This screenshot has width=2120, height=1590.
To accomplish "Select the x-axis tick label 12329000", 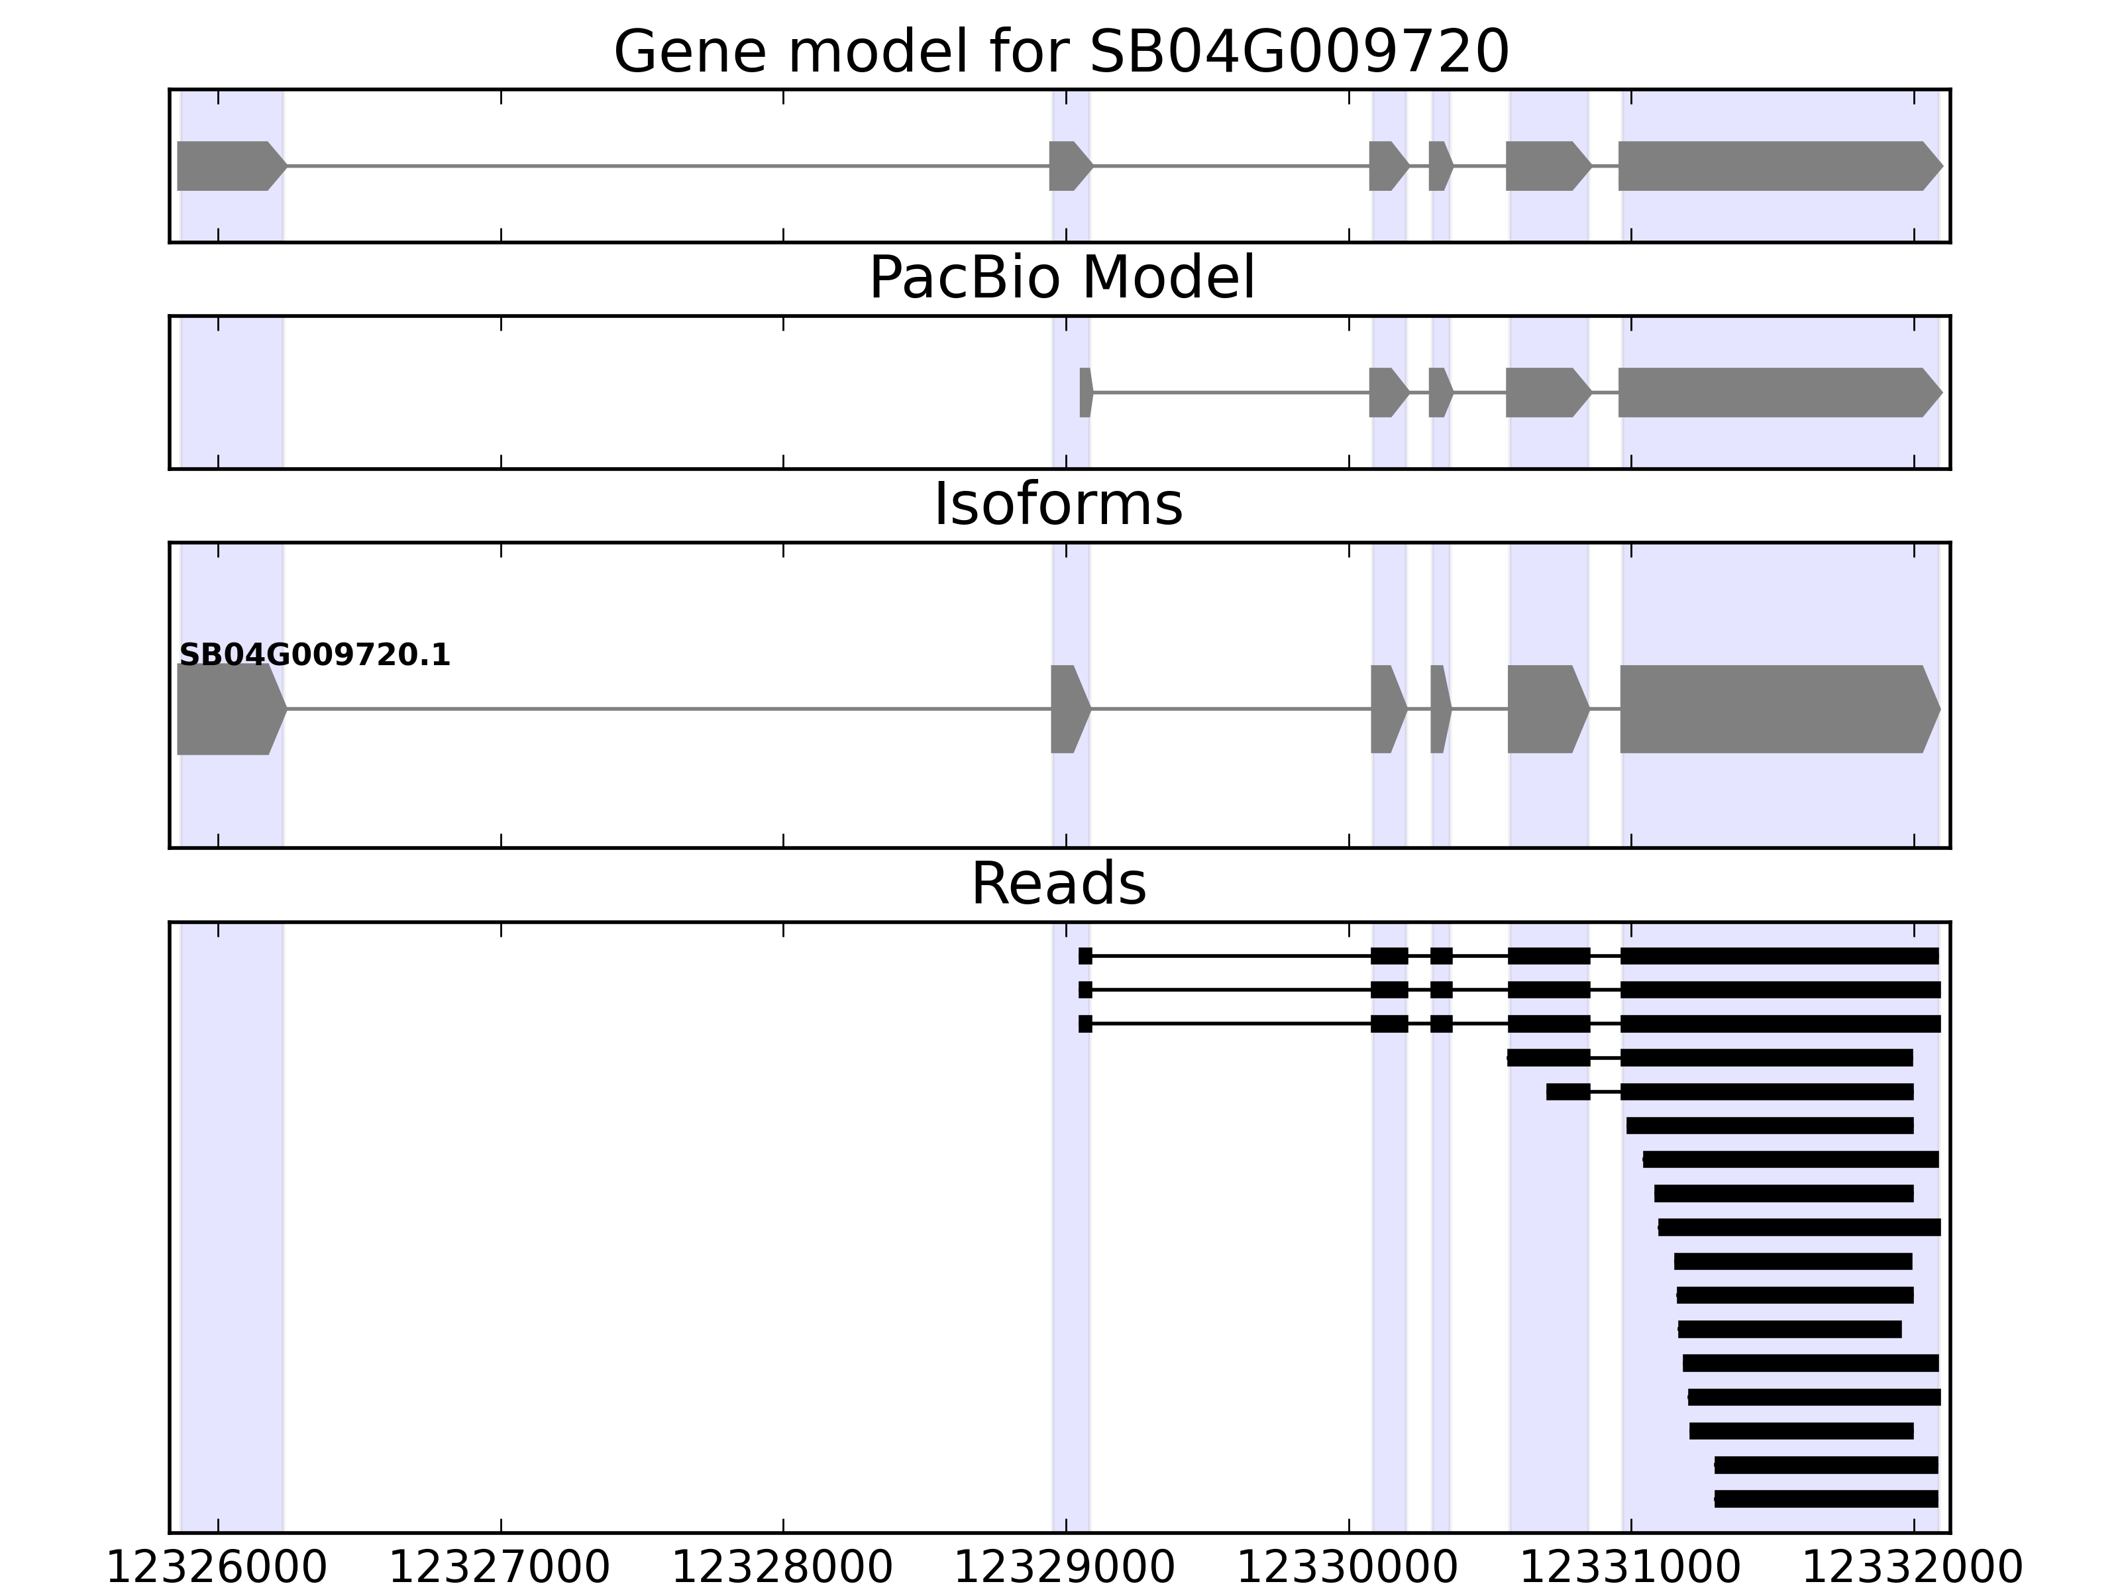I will click(x=1065, y=1568).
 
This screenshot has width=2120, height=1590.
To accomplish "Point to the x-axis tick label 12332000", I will click(x=1913, y=1568).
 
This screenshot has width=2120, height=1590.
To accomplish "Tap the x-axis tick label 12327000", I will click(x=500, y=1568).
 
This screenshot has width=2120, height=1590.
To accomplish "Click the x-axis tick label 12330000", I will click(x=1348, y=1568).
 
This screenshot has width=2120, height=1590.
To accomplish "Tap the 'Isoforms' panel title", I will click(x=1058, y=505).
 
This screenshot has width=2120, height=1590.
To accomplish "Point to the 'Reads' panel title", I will click(x=1058, y=884).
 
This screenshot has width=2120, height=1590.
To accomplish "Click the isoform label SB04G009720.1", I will click(x=315, y=656).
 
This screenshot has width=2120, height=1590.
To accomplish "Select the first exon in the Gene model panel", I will click(x=228, y=166).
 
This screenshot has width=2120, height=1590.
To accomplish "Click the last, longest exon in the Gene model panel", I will click(x=1778, y=166).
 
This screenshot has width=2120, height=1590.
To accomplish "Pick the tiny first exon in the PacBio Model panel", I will click(x=1085, y=392).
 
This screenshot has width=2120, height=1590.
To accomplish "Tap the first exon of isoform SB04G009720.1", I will click(x=228, y=710).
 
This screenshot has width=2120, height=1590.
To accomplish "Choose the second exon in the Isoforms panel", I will click(x=1068, y=710).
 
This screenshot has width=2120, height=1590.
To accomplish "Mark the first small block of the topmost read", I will click(x=1085, y=955).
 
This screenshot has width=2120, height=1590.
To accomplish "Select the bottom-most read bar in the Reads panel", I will click(x=1826, y=1499).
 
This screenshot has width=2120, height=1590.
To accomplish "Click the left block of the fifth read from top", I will click(x=1567, y=1092).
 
